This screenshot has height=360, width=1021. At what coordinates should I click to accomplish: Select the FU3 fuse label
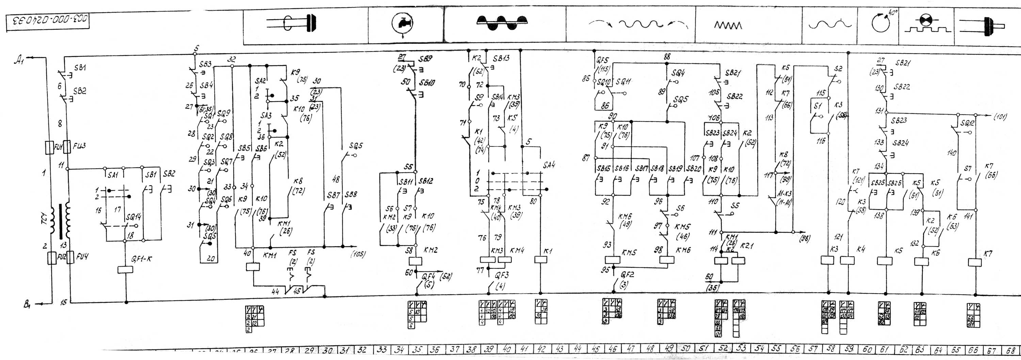(x=79, y=146)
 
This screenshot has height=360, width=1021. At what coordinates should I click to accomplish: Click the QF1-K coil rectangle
(x=125, y=270)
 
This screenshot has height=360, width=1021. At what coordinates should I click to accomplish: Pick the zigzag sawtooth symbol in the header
(x=728, y=26)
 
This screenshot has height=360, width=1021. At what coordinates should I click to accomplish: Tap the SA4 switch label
(x=549, y=165)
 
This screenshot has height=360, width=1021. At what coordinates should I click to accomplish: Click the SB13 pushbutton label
(x=501, y=58)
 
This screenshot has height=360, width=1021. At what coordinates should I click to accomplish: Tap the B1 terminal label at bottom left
(x=27, y=305)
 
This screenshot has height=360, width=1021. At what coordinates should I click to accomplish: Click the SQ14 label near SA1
(x=133, y=217)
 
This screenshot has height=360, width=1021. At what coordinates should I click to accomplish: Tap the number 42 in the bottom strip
(x=541, y=349)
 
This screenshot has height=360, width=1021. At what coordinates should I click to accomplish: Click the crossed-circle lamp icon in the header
(x=926, y=20)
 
